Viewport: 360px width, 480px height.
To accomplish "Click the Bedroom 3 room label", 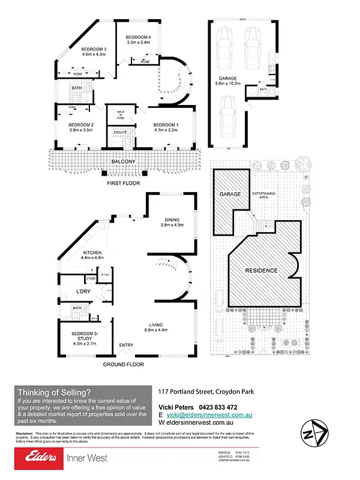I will point(94,49).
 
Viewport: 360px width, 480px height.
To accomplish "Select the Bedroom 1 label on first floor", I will point(166,124).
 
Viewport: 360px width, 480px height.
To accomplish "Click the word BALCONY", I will point(125,161).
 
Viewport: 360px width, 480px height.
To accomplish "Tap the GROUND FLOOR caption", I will point(122,364).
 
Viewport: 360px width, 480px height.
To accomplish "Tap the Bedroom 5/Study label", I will point(84,336).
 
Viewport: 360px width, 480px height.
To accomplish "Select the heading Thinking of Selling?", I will point(55,392).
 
